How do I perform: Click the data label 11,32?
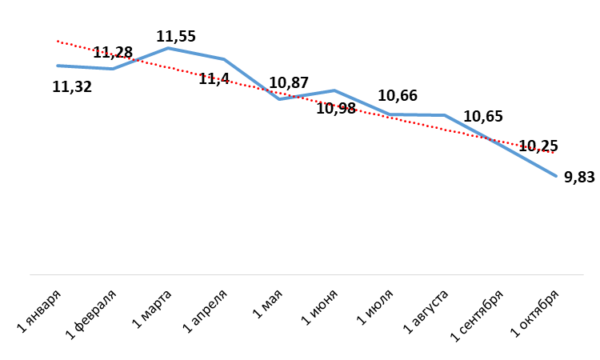(x=72, y=87)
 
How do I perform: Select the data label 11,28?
(x=113, y=53)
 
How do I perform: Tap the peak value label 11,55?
(x=176, y=36)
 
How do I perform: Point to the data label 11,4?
(x=214, y=79)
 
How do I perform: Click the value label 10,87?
(x=289, y=82)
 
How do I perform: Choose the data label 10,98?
(x=336, y=108)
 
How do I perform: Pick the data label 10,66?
(x=398, y=96)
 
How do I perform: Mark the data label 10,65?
(x=483, y=116)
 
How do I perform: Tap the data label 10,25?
(x=538, y=146)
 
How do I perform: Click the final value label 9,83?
(x=579, y=177)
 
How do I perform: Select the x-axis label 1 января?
(x=39, y=311)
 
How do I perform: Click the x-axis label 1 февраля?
(x=91, y=315)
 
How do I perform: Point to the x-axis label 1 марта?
(x=151, y=309)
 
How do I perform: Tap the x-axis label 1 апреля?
(x=205, y=311)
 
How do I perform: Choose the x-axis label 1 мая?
(x=267, y=304)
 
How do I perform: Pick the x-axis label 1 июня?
(x=319, y=307)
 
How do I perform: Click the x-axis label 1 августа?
(x=426, y=312)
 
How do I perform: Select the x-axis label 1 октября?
(x=535, y=314)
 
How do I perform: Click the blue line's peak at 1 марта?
(x=168, y=48)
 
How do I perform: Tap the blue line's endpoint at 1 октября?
(x=556, y=176)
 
